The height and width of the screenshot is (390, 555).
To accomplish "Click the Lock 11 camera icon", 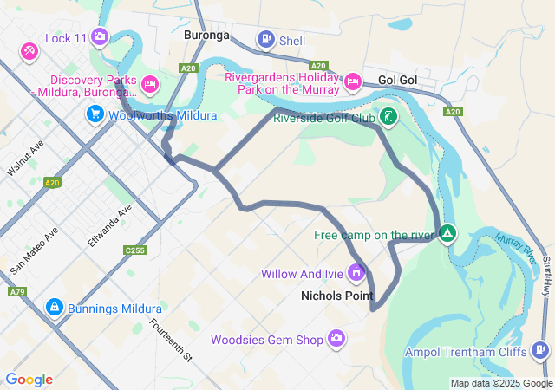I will (x=100, y=36).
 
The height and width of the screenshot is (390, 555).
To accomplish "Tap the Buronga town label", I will (x=206, y=36).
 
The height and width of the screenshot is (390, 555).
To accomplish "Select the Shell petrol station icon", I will (x=265, y=39).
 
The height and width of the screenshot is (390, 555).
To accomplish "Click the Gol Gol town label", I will (x=398, y=80).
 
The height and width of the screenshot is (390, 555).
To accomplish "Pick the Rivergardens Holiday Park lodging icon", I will (x=352, y=81).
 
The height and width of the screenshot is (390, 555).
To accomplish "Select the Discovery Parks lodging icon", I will (x=150, y=84).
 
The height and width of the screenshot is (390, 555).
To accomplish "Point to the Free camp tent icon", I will (x=447, y=233).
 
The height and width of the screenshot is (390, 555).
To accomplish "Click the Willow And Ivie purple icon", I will (x=356, y=274).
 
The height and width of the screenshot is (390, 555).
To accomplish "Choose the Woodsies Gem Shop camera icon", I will (x=336, y=339).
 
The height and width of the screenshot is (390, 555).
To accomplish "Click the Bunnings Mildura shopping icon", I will (x=54, y=308).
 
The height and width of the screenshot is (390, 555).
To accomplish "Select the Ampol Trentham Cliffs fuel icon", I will (x=541, y=350).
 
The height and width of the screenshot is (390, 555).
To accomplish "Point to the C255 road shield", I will (x=134, y=250).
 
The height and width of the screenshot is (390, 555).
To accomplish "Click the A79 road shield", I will (x=16, y=292).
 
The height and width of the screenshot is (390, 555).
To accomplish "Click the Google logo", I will (x=29, y=380).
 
